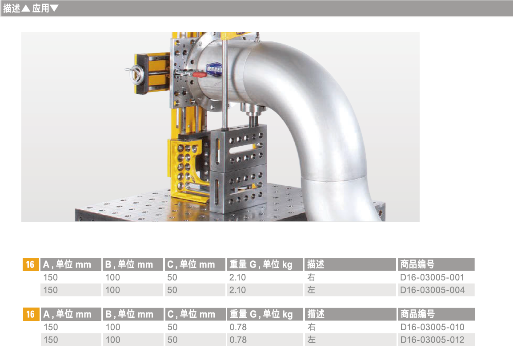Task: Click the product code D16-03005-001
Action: (432, 277)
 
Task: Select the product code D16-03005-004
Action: (432, 290)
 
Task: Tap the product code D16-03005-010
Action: (432, 327)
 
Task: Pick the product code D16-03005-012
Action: (432, 340)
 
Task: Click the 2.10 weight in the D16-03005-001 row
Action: (237, 277)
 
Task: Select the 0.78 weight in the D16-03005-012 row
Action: (238, 340)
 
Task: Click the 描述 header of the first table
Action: (316, 264)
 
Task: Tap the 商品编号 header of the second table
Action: (417, 314)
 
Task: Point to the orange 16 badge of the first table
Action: (30, 264)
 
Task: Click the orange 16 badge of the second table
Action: (31, 314)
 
